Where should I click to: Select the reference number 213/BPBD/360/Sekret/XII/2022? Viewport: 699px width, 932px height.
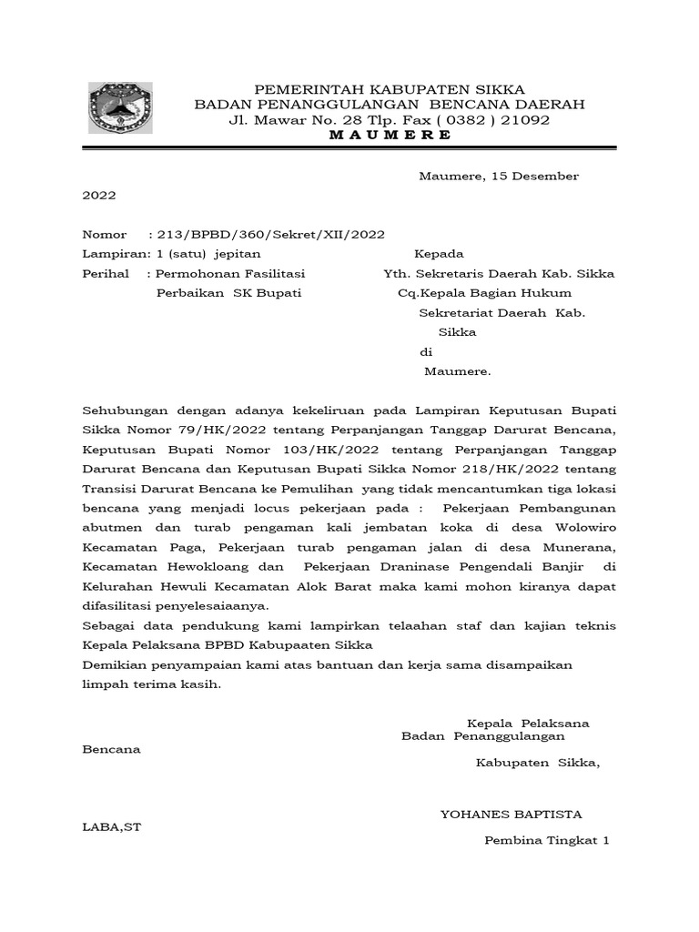click(271, 234)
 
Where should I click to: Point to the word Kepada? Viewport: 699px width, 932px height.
click(440, 253)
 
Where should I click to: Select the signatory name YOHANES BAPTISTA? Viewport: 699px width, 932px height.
click(512, 814)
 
